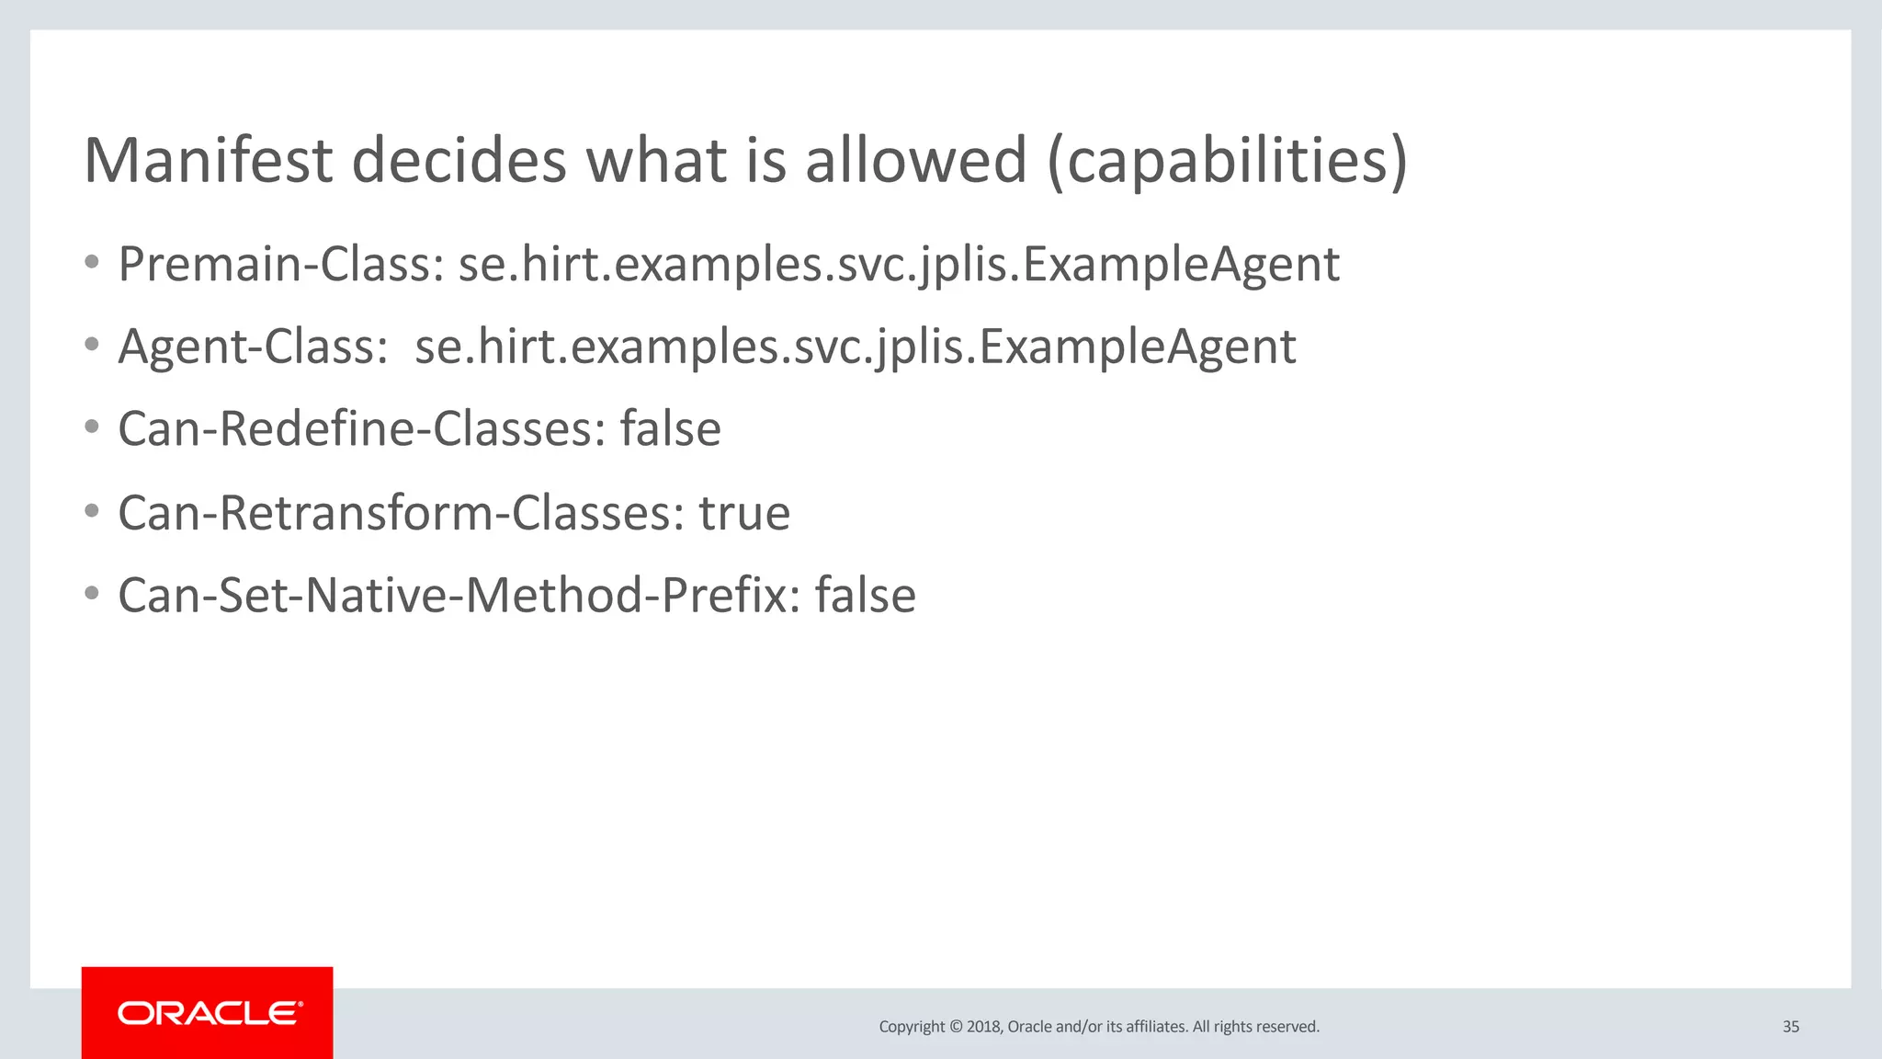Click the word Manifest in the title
[208, 161]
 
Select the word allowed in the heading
[915, 161]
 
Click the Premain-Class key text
[281, 265]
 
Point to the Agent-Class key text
[253, 347]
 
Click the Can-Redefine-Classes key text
[361, 429]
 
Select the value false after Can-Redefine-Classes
[670, 429]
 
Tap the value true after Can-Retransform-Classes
[743, 513]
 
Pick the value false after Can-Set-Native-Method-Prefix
[865, 596]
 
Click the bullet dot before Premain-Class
[91, 263]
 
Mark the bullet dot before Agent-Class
[91, 346]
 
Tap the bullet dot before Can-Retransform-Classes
[91, 511]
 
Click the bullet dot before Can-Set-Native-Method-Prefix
[91, 594]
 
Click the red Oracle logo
[208, 1013]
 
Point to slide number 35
[1790, 1027]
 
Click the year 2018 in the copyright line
[982, 1027]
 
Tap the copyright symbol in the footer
[956, 1027]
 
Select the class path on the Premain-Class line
[898, 265]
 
